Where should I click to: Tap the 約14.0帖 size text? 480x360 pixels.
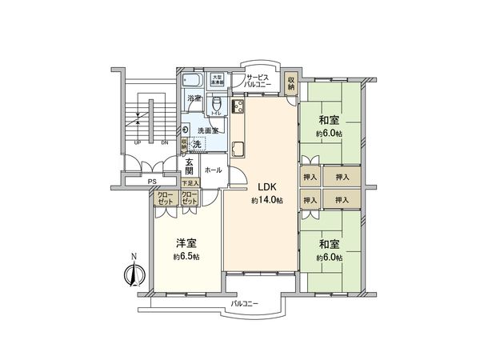coord(267,201)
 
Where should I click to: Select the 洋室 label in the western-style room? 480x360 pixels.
coord(186,243)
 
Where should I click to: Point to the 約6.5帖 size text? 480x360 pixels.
coord(186,257)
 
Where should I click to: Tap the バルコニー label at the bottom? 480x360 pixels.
coord(245,305)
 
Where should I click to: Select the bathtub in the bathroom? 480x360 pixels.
coord(192,81)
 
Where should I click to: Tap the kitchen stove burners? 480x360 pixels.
coord(238,106)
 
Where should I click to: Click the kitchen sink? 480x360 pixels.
coord(238,148)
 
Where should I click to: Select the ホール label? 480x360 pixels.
coord(213,170)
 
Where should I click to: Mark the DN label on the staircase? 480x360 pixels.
coord(164,143)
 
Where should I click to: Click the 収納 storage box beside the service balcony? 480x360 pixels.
coord(292,82)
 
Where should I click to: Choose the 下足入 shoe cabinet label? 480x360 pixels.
coord(190,183)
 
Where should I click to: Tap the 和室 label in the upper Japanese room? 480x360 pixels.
coord(329,122)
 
